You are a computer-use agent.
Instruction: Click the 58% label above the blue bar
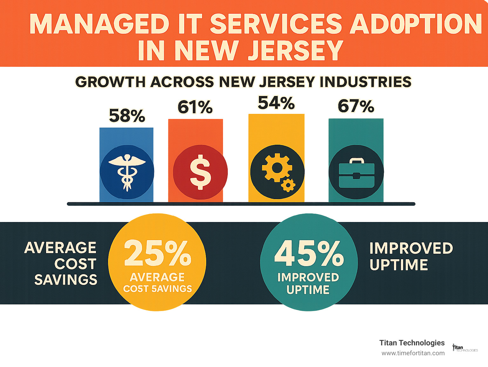127,116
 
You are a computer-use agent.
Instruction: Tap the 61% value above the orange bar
195,107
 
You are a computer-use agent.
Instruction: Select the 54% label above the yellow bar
276,103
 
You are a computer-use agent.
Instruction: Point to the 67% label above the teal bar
356,106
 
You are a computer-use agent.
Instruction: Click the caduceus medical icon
127,172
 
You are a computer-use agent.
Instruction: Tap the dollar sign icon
200,172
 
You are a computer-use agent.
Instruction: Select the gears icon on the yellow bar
277,172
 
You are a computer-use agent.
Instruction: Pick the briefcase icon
356,172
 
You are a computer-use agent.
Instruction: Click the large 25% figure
158,253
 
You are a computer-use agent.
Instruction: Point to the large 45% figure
309,253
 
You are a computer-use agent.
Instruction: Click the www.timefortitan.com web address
413,353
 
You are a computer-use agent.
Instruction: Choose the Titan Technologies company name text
412,343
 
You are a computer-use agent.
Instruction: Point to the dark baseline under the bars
241,204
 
